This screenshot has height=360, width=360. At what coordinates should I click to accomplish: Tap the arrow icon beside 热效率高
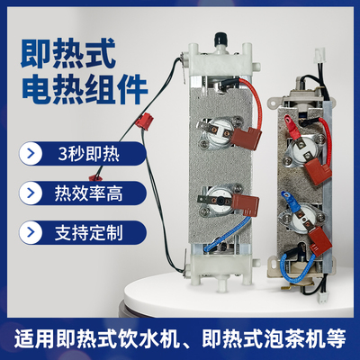coord(33,192)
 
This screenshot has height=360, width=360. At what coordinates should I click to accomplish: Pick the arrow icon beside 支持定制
coord(33,231)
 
